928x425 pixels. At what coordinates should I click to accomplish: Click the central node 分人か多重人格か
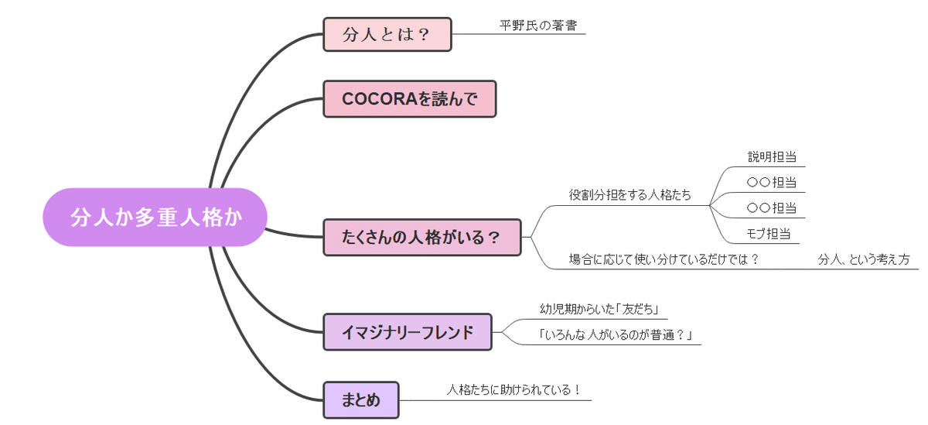(155, 218)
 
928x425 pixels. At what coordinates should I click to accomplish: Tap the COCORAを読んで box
(409, 99)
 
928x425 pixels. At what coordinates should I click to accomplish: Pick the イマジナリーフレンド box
(407, 332)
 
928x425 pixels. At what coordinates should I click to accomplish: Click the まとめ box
(360, 400)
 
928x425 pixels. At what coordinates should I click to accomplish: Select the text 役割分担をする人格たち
(629, 195)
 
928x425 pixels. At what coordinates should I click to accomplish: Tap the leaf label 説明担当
(772, 156)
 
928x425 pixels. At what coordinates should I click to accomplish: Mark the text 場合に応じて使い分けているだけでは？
(664, 260)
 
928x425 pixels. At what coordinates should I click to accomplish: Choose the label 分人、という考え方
(864, 260)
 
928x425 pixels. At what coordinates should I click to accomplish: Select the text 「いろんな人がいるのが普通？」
(615, 334)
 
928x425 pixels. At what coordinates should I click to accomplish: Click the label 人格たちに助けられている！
(514, 390)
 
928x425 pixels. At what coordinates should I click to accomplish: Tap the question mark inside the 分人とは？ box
(423, 36)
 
